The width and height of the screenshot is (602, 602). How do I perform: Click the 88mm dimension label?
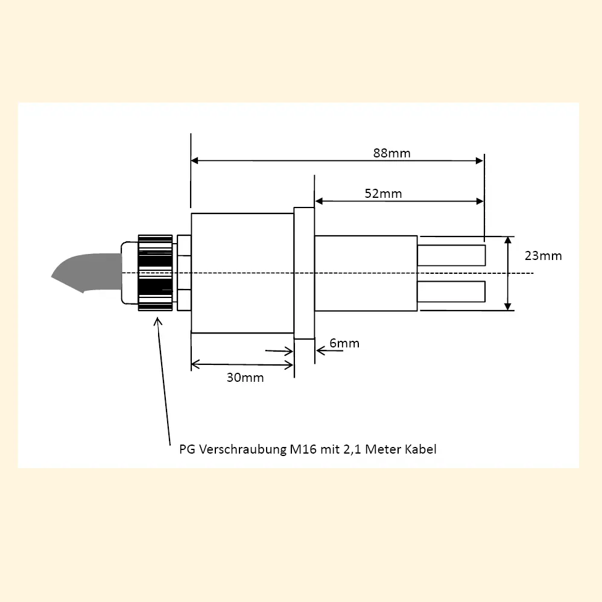(x=391, y=153)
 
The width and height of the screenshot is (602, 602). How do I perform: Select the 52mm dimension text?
(x=383, y=194)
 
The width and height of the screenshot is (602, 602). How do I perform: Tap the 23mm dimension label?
(x=543, y=256)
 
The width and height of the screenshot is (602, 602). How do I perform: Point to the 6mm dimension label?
(x=344, y=343)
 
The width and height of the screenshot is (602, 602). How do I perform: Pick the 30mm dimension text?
(x=245, y=378)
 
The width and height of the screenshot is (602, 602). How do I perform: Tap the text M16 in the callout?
(x=303, y=449)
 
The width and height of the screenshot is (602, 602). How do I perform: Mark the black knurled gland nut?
(x=155, y=273)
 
